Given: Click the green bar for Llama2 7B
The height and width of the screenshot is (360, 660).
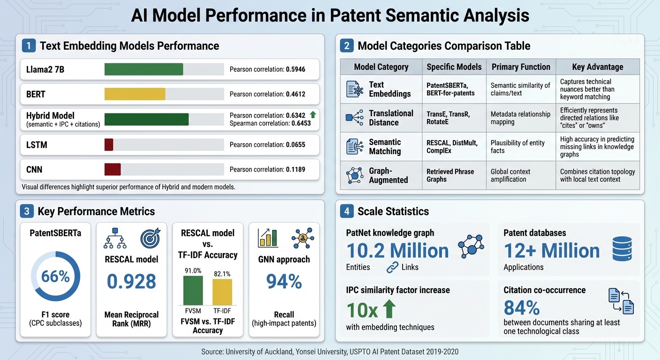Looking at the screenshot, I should [x=143, y=69].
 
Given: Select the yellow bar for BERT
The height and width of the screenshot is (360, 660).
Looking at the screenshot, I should [x=135, y=94].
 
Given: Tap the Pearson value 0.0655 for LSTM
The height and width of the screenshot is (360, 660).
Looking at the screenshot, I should [x=295, y=145].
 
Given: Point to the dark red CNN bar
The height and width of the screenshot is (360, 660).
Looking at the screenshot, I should [x=112, y=169].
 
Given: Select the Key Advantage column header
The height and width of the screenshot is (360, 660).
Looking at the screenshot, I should [x=598, y=67].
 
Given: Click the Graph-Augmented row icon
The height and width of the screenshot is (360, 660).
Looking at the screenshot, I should [x=354, y=175].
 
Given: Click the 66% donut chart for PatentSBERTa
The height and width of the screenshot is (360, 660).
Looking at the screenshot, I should [x=55, y=277].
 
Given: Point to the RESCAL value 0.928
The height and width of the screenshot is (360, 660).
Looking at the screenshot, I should [x=131, y=281].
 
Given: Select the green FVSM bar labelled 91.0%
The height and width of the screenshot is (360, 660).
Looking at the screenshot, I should [x=193, y=290].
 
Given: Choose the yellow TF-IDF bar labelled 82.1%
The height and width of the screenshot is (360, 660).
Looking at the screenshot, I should [x=222, y=292].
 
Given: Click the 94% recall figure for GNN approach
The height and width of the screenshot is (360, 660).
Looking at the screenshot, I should [x=284, y=281].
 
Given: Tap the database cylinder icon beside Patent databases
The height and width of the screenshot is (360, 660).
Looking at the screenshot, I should [x=622, y=249].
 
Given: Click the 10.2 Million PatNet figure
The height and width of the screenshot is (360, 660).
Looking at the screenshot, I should [x=397, y=251].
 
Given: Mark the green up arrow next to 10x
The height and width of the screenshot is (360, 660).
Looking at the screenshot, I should [x=389, y=309].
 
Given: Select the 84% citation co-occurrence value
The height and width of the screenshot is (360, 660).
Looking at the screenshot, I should [x=522, y=308].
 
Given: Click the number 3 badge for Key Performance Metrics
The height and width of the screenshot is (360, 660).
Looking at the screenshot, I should [x=26, y=211].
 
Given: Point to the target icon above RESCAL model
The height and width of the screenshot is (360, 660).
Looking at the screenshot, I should [x=150, y=238].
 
